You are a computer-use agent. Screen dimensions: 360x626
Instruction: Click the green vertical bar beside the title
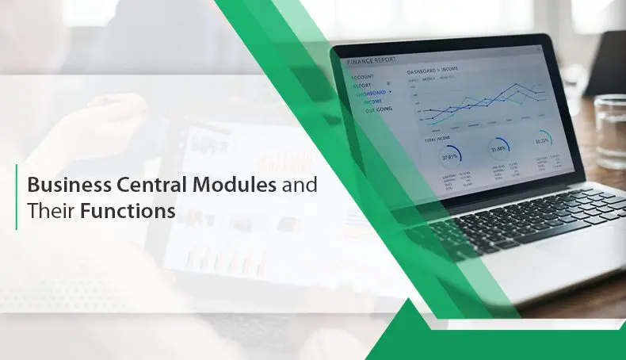point(17,197)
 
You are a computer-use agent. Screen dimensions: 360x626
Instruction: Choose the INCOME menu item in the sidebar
point(372,101)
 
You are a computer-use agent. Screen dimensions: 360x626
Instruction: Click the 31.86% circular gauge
point(498,148)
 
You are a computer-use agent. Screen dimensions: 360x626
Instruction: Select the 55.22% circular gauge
point(543,141)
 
